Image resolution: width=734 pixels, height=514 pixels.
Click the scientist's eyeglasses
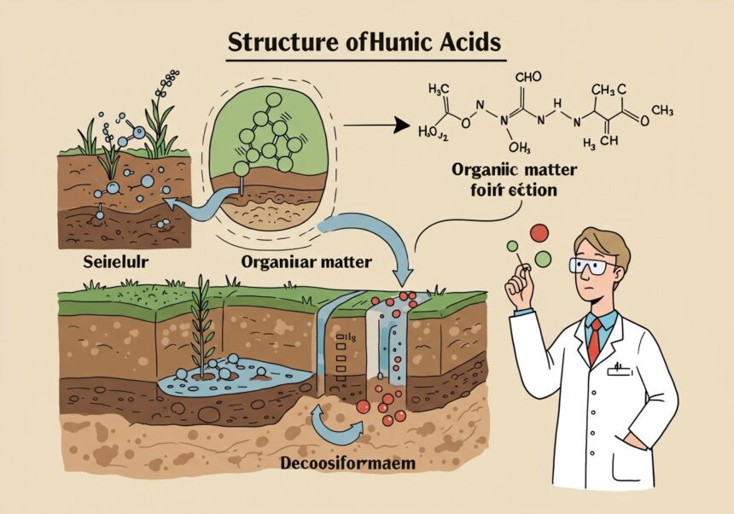tap(593, 266)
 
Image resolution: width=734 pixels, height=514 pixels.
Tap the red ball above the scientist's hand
tap(539, 232)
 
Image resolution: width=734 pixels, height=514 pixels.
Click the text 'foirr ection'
tap(501, 189)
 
